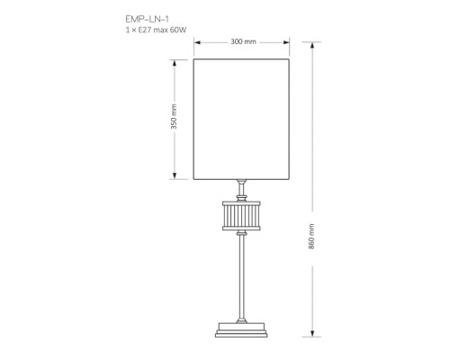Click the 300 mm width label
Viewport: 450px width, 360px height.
click(243, 41)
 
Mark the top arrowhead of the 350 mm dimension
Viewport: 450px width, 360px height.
click(174, 62)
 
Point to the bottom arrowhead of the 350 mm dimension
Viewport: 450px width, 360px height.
click(174, 178)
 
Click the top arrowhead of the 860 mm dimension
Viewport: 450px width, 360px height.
click(311, 44)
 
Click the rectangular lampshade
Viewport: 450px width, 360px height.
click(241, 119)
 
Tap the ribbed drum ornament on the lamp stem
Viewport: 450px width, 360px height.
click(241, 215)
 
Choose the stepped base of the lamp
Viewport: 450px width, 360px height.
click(241, 329)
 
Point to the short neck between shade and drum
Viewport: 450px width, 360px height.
click(241, 187)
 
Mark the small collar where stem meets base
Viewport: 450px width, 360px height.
click(241, 317)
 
